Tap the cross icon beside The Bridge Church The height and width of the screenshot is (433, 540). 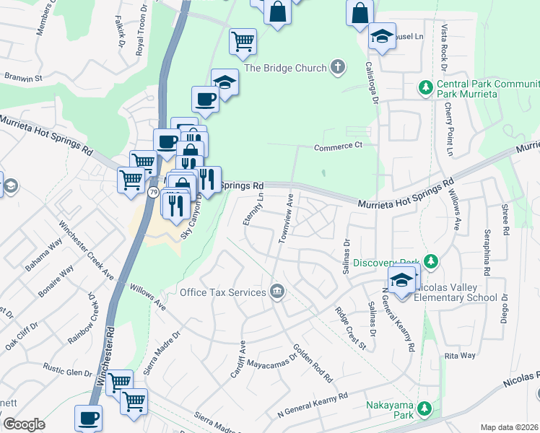coord(337,68)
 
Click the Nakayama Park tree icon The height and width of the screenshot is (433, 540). coord(426,408)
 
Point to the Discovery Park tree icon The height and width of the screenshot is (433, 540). coord(431,261)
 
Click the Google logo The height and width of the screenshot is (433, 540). coord(24,424)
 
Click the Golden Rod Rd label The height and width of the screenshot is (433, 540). coord(313,367)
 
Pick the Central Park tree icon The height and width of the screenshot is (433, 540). coord(426,88)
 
